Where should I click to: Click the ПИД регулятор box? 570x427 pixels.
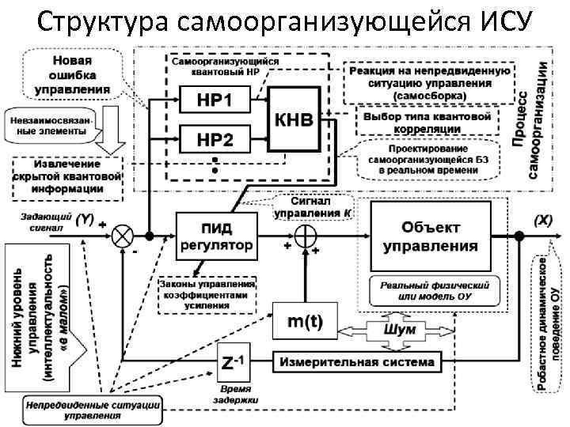pyautogui.click(x=216, y=235)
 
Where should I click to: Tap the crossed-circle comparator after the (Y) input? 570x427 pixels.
pyautogui.click(x=123, y=236)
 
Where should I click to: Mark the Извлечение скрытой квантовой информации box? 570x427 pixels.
pyautogui.click(x=68, y=177)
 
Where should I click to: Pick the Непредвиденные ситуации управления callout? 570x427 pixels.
pyautogui.click(x=93, y=409)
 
